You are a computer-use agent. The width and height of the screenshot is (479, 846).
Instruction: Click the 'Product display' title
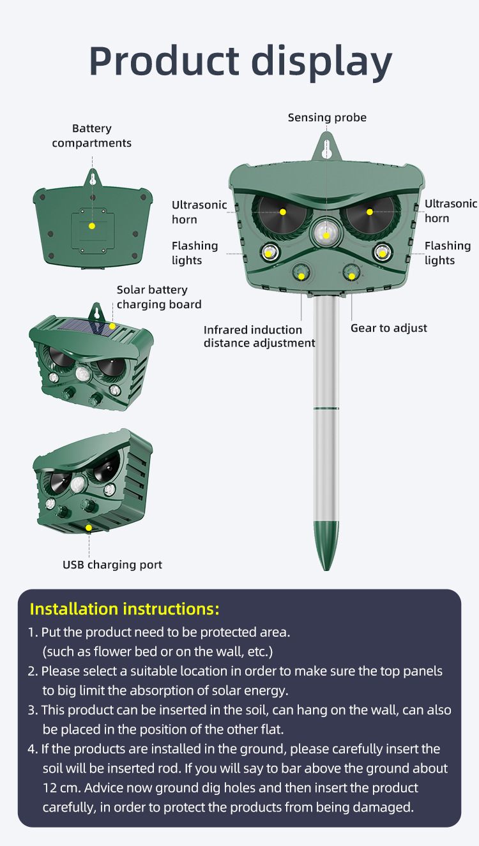[x=240, y=61]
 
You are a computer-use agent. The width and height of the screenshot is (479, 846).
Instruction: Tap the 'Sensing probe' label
[x=327, y=118]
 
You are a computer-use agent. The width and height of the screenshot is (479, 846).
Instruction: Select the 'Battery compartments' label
[x=92, y=136]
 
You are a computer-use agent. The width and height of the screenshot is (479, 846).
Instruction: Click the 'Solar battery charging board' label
[x=159, y=297]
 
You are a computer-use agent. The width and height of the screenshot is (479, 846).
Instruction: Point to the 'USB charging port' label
[x=112, y=565]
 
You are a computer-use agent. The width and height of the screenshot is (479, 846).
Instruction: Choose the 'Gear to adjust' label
[x=389, y=328]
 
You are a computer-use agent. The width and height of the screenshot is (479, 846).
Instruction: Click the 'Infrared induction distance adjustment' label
[x=259, y=336]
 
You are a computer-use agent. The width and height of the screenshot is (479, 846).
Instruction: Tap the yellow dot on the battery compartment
[x=92, y=226]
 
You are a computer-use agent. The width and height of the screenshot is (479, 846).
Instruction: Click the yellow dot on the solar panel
[x=112, y=326]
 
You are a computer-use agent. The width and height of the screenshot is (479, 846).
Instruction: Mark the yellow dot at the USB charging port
[x=89, y=528]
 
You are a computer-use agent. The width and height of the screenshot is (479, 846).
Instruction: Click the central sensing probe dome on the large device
[x=326, y=232]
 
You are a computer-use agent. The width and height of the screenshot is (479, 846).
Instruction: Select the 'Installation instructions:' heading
[x=125, y=609]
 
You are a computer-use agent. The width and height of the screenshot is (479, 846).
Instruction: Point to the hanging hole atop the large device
[x=326, y=149]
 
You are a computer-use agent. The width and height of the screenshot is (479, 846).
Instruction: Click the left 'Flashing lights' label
[x=195, y=253]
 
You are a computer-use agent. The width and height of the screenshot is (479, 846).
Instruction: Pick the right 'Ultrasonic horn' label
[x=451, y=211]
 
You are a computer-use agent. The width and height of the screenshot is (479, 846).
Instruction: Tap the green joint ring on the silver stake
[x=326, y=408]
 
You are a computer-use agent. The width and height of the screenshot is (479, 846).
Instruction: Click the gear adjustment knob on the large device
[x=352, y=272]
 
